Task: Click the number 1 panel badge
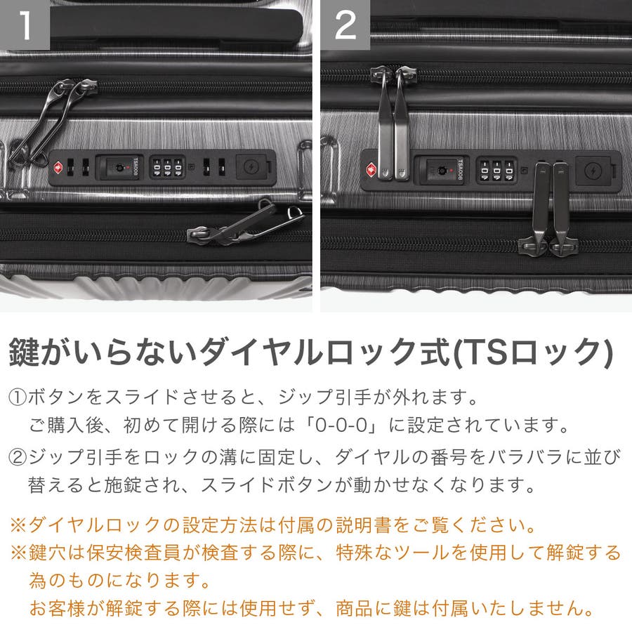25,25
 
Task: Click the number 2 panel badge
345,25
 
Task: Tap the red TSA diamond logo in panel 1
58,167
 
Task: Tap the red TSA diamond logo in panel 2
371,169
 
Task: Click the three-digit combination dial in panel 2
496,171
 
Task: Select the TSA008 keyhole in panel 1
119,167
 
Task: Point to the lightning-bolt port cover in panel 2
593,171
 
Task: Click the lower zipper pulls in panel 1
246,224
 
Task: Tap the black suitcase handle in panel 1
176,24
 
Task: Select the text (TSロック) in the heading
533,353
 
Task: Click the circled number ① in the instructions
18,397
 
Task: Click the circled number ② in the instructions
18,457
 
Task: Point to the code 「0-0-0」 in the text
342,425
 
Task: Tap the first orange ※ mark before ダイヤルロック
18,525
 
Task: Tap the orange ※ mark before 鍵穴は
18,553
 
